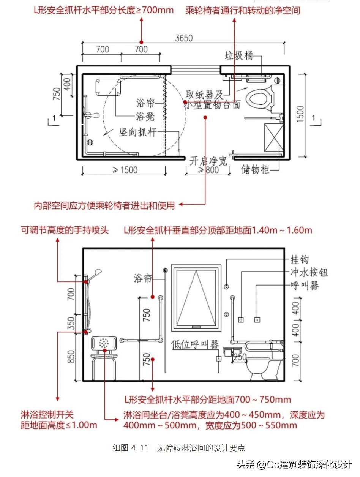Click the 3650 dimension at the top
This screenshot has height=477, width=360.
(x=184, y=38)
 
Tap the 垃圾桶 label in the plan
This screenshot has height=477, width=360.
(x=239, y=56)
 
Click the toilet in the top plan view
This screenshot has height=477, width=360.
(x=260, y=98)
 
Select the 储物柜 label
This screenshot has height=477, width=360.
(x=256, y=169)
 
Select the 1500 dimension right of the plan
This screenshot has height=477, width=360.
(x=300, y=116)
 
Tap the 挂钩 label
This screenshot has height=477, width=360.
(x=300, y=260)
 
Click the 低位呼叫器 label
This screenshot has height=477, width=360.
(x=195, y=344)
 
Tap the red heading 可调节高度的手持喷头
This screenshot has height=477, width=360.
(x=65, y=230)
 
